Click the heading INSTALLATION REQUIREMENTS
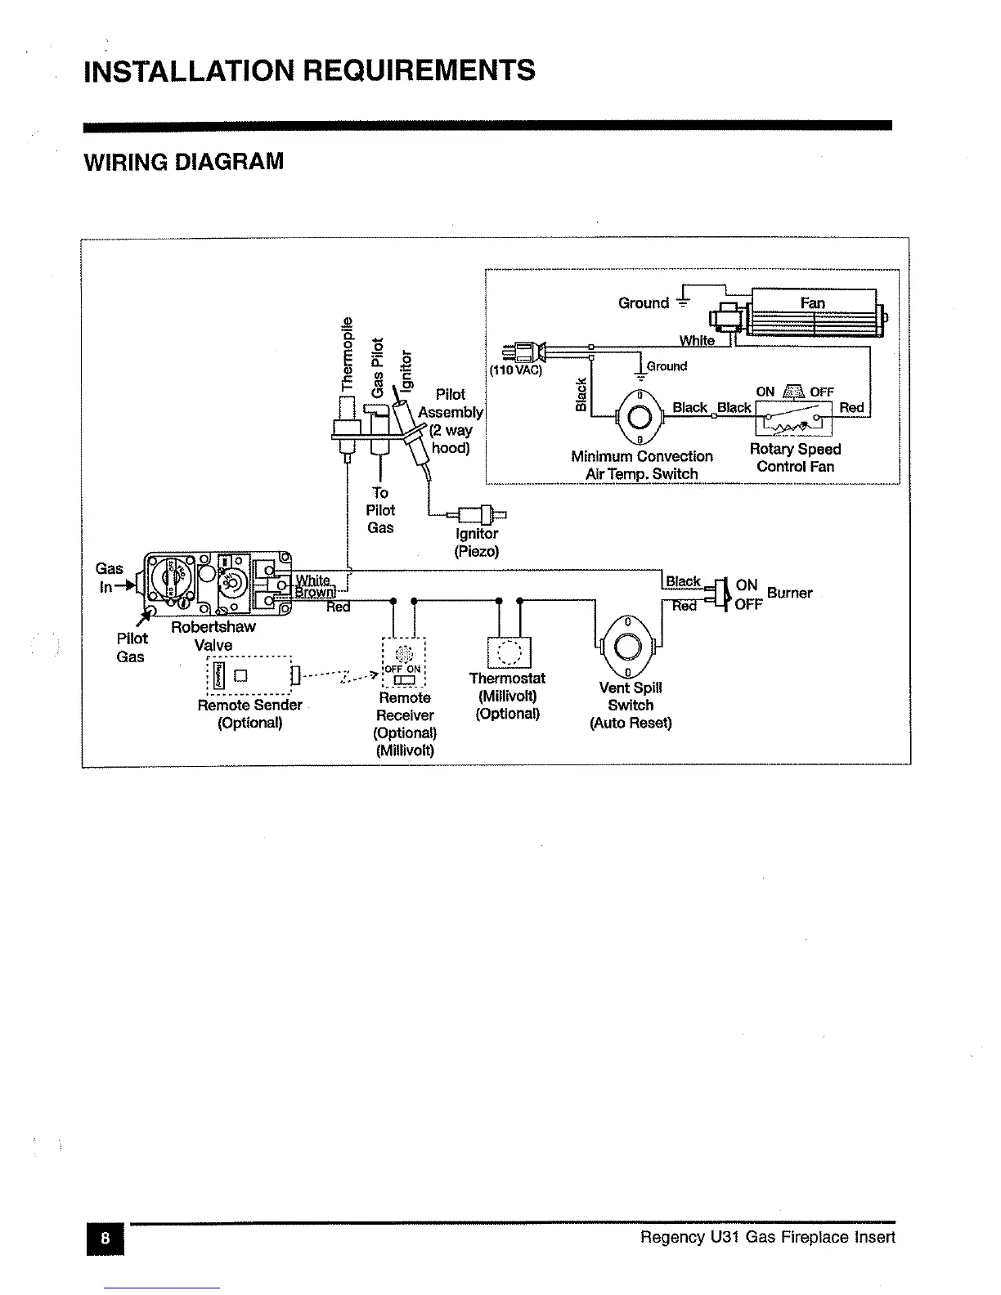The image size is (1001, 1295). (309, 70)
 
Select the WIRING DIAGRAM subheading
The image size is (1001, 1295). (184, 161)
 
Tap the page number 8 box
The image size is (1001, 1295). (105, 1238)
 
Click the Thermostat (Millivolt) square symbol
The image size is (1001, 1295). (508, 652)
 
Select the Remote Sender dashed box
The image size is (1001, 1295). (250, 675)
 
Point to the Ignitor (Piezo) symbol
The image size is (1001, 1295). (481, 514)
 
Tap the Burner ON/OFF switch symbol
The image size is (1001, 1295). (721, 594)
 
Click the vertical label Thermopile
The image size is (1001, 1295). (348, 352)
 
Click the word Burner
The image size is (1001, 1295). (789, 593)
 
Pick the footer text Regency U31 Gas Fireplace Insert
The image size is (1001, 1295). (767, 1237)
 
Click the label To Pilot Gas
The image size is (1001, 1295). (380, 510)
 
